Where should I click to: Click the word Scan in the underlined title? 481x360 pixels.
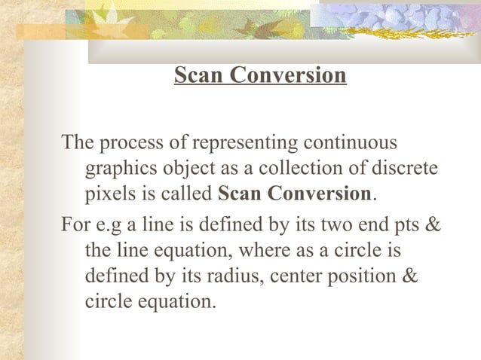195,76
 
